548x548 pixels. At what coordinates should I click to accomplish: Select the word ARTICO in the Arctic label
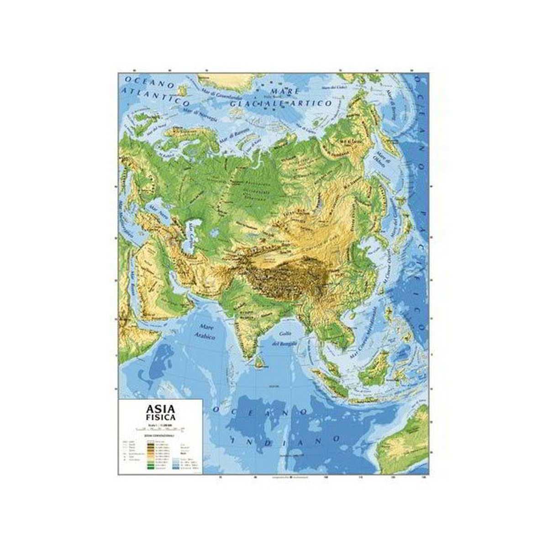pyautogui.click(x=315, y=104)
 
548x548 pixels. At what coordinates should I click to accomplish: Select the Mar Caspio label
pyautogui.click(x=192, y=234)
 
